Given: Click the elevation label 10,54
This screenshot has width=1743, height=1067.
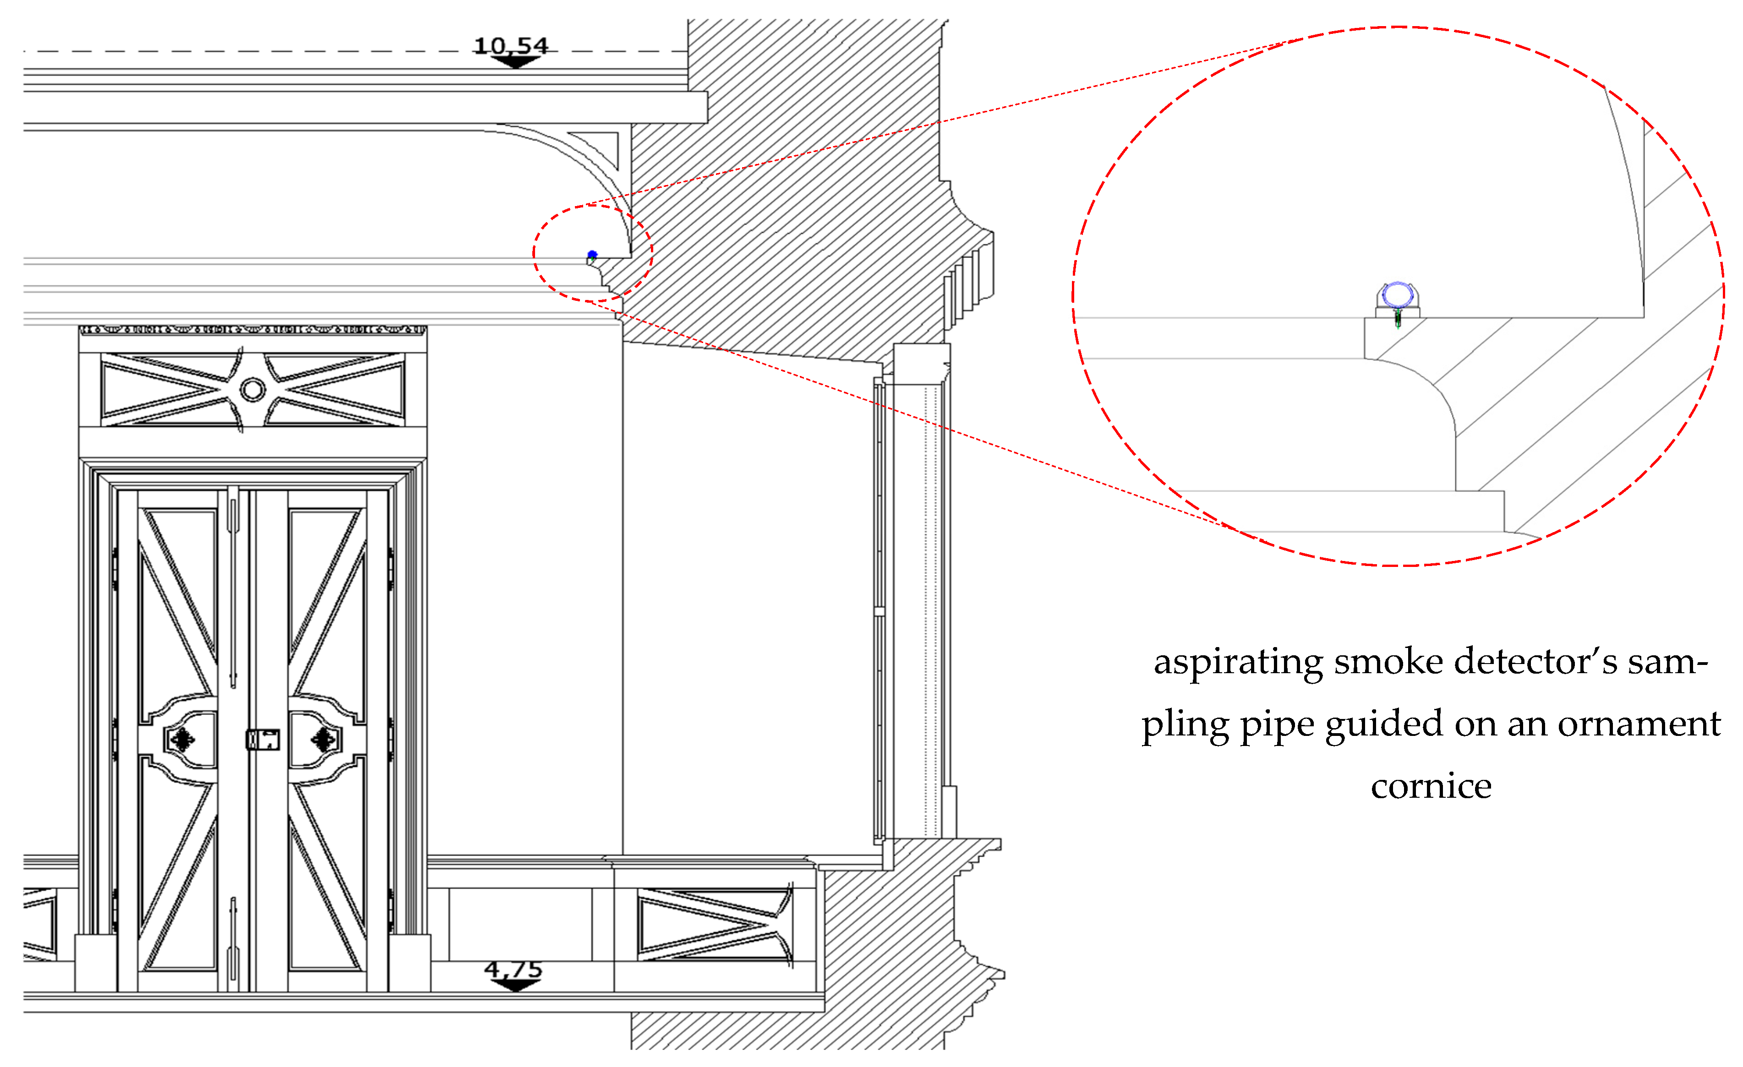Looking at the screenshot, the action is tap(511, 45).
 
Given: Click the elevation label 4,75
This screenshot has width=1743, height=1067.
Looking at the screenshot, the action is tap(514, 968).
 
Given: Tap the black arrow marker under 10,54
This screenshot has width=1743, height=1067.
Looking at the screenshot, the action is tap(515, 62).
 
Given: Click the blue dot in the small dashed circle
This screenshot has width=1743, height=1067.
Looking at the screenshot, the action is tap(592, 255).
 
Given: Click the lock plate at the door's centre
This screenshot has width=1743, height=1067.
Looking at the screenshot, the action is tap(262, 740).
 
